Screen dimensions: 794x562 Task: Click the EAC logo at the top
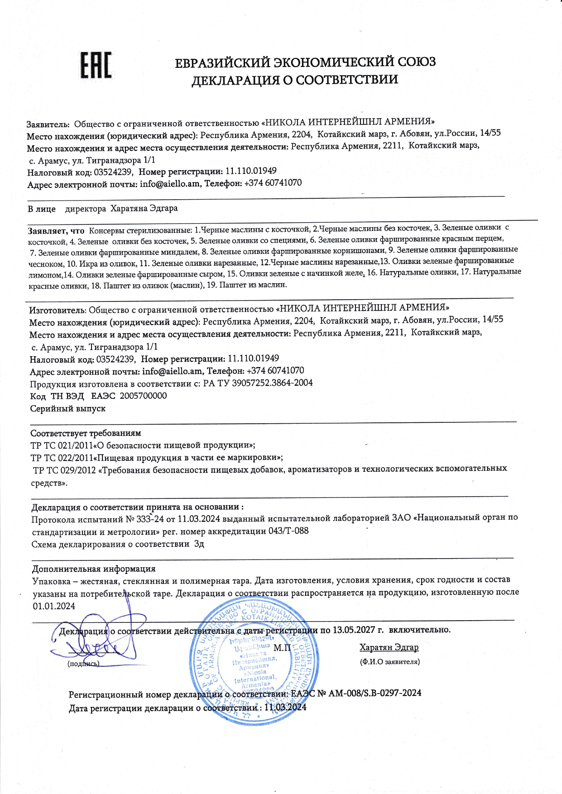pos(96,65)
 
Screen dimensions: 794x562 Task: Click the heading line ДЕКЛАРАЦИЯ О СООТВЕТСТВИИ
pos(295,81)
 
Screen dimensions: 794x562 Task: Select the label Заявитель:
pos(48,124)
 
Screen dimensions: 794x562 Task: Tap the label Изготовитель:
pos(58,310)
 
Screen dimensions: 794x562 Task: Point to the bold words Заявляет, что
pos(56,231)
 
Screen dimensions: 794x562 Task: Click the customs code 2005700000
pos(143,396)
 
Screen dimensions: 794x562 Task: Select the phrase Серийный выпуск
pos(68,408)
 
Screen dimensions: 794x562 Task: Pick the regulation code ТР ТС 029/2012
pos(64,470)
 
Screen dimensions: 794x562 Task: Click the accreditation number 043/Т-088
pos(288,531)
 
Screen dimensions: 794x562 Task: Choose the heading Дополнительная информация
pos(94,569)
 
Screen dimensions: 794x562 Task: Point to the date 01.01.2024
pos(54,606)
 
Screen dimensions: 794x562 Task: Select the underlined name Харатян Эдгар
pos(389,647)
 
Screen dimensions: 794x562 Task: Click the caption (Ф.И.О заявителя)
pos(390,662)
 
